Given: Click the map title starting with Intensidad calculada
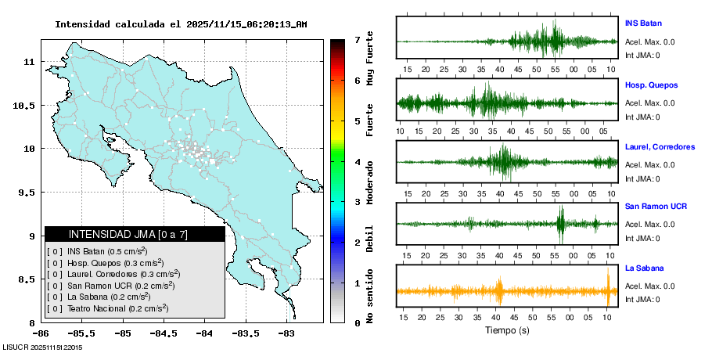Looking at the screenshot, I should coord(181,24).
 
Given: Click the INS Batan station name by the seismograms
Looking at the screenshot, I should coord(643,23).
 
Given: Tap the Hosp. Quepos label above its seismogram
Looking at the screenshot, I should coord(651,85).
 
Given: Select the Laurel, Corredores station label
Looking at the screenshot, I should coord(660,146).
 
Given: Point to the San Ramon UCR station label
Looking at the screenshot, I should coord(656,207).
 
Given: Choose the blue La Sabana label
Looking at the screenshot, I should coord(642,268).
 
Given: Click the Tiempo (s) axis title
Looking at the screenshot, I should coord(507,330).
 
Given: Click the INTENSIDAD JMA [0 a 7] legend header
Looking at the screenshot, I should coord(135,234).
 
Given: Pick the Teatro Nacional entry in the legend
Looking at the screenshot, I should coord(117,308).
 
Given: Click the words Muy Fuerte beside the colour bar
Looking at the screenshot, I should coord(370,59).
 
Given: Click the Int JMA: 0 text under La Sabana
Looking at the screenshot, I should coord(642,300).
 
